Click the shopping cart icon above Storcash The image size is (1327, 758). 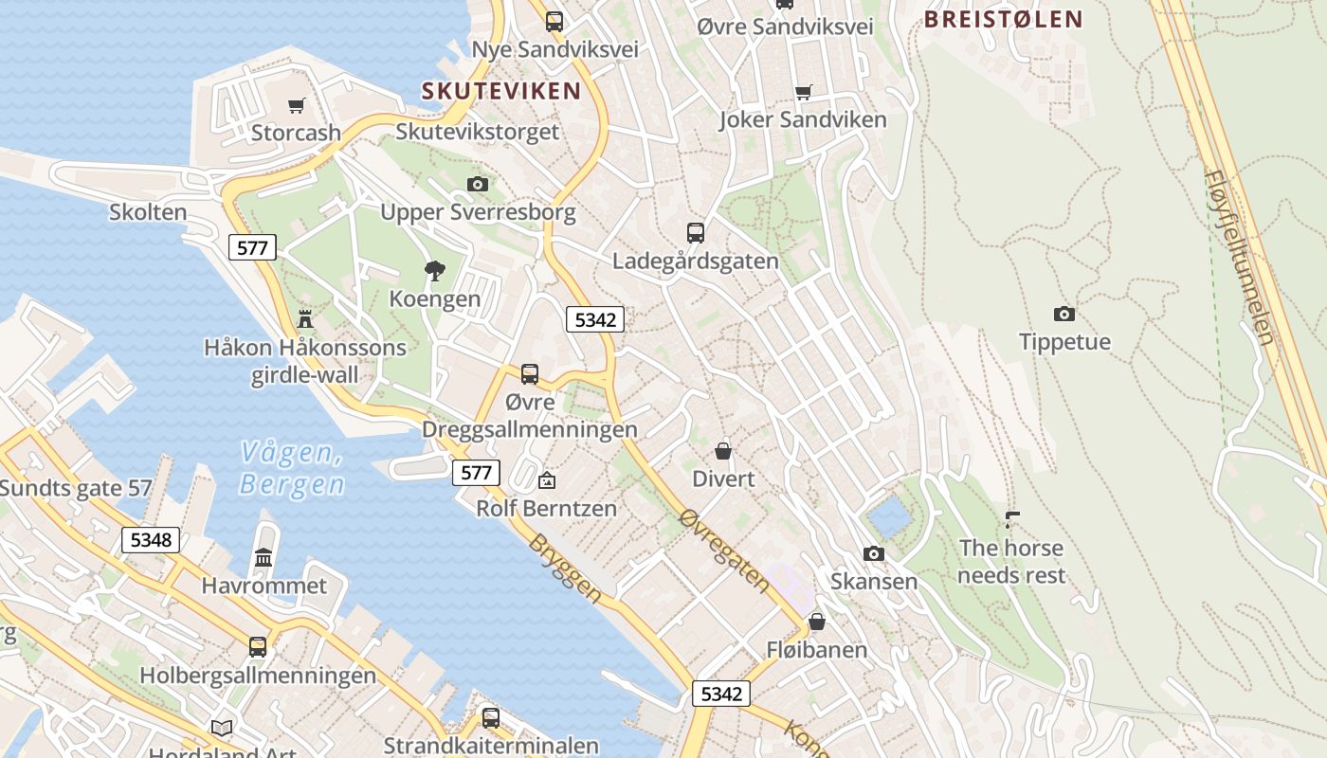click(297, 105)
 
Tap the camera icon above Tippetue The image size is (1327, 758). click(1064, 314)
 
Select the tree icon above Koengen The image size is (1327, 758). click(435, 271)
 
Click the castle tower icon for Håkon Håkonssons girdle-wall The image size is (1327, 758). click(305, 318)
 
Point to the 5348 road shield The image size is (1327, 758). click(151, 540)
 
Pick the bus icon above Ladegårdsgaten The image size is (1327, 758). click(695, 232)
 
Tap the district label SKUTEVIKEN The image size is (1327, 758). click(500, 91)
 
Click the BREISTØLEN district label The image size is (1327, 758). click(1003, 19)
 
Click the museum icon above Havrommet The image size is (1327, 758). click(264, 557)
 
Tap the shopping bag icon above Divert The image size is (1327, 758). click(723, 450)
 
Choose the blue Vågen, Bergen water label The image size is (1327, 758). click(291, 469)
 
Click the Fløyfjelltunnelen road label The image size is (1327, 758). click(1240, 256)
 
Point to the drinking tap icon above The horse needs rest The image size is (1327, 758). click(1012, 519)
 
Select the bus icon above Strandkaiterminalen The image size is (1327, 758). click(490, 717)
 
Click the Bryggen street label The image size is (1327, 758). click(565, 568)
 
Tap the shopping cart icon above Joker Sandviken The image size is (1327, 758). click(803, 92)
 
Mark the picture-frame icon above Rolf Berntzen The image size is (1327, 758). click(546, 480)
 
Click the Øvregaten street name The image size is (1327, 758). click(725, 550)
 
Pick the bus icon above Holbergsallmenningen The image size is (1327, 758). click(258, 647)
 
